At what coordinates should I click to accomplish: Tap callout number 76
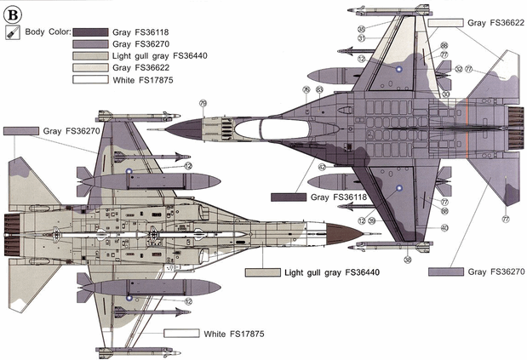306,89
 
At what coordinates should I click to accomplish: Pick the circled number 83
319,89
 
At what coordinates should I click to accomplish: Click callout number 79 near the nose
203,103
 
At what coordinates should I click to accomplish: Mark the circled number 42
323,167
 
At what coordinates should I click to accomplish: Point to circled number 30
445,94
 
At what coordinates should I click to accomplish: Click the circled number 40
444,227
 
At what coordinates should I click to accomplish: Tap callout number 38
408,259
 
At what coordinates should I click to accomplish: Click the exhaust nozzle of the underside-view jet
14,227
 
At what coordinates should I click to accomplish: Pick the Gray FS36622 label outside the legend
496,23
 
